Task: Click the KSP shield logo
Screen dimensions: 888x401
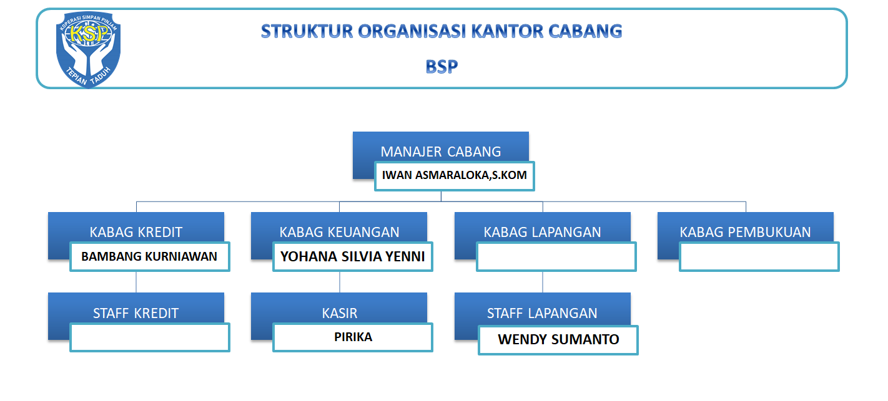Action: tap(89, 49)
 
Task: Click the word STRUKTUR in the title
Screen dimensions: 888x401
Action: tap(307, 32)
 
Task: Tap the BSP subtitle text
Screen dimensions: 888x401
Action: tap(442, 67)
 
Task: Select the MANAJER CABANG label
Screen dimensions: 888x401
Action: tap(441, 152)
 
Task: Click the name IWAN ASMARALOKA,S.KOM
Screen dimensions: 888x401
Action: tap(455, 175)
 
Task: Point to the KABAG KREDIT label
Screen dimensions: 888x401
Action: tap(136, 232)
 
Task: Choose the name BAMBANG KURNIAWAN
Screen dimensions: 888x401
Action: tap(149, 256)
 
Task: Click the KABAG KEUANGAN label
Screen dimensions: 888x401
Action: tap(339, 232)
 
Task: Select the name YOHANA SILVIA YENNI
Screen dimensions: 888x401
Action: tap(352, 256)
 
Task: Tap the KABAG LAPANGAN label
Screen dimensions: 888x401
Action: tap(542, 232)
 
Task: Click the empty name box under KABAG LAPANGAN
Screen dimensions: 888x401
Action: tap(556, 256)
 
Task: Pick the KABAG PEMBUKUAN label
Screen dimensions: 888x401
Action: tap(745, 232)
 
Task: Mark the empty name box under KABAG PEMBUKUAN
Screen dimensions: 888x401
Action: tap(759, 256)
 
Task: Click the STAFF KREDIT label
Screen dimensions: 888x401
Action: tap(136, 313)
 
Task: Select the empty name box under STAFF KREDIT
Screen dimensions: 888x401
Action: tap(150, 337)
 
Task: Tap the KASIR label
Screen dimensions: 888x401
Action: tap(339, 313)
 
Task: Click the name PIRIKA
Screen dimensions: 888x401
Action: tap(353, 337)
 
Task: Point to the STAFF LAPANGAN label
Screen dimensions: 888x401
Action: tap(542, 313)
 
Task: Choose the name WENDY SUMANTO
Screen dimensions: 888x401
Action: tap(558, 339)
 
